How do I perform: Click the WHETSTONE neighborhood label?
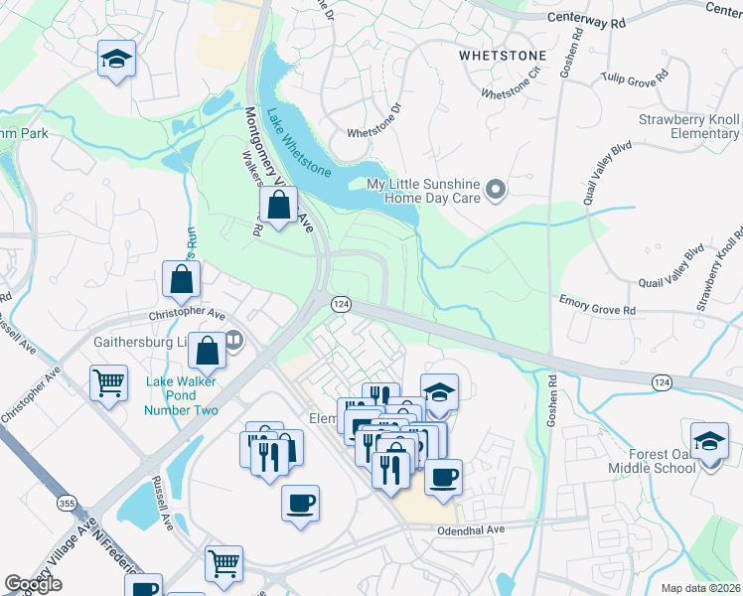pyautogui.click(x=502, y=57)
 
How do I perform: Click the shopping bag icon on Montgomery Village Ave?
pyautogui.click(x=279, y=207)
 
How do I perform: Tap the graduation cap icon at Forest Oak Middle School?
pyautogui.click(x=710, y=442)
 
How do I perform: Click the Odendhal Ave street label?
pyautogui.click(x=472, y=530)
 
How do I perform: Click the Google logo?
pyautogui.click(x=34, y=584)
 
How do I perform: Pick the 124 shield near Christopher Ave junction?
pyautogui.click(x=339, y=303)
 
